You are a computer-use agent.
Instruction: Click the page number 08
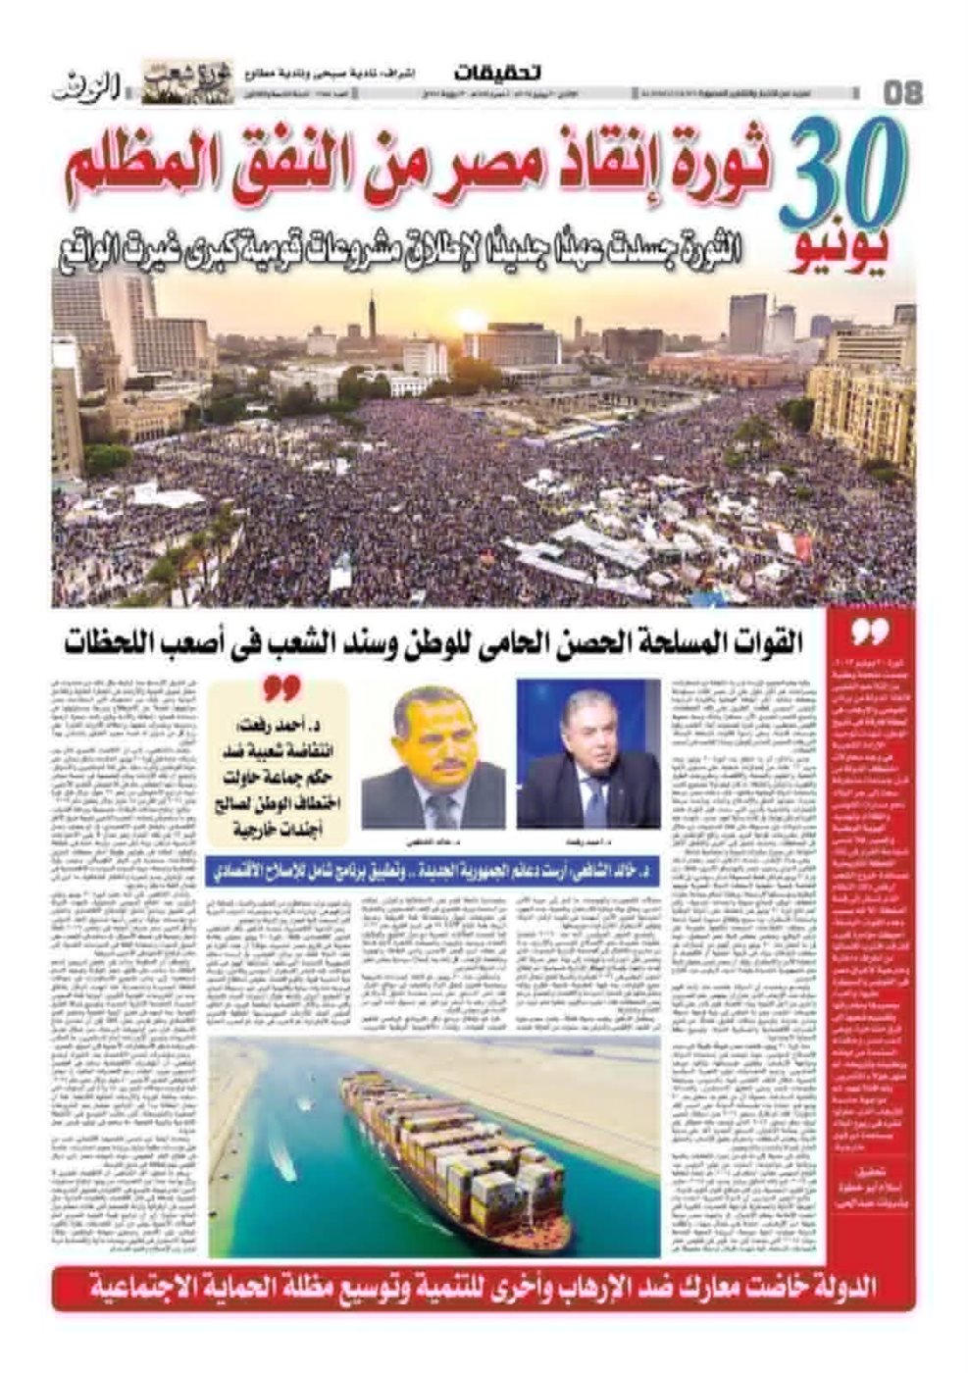pos(902,92)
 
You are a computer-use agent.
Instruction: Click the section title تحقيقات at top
pos(498,73)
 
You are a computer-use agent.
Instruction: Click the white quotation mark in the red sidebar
pos(867,632)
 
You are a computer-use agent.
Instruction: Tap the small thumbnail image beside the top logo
pos(186,81)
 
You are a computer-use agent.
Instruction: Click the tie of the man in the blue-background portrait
pos(592,799)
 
